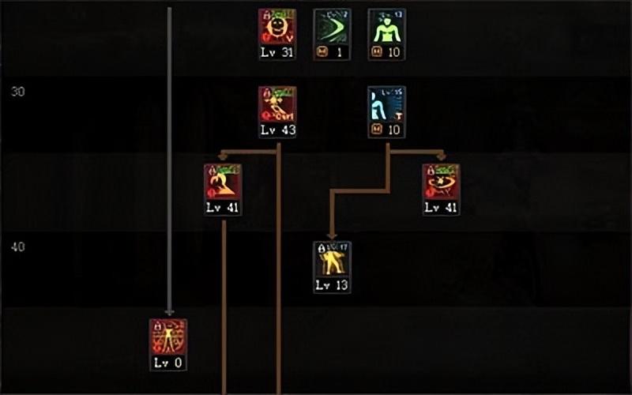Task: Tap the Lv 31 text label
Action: [277, 52]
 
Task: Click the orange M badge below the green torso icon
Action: [377, 52]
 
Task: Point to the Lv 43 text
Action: [277, 130]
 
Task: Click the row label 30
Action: [18, 92]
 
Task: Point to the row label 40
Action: [18, 246]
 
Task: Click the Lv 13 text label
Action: [332, 285]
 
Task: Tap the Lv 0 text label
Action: [168, 363]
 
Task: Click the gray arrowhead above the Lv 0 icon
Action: [169, 312]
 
